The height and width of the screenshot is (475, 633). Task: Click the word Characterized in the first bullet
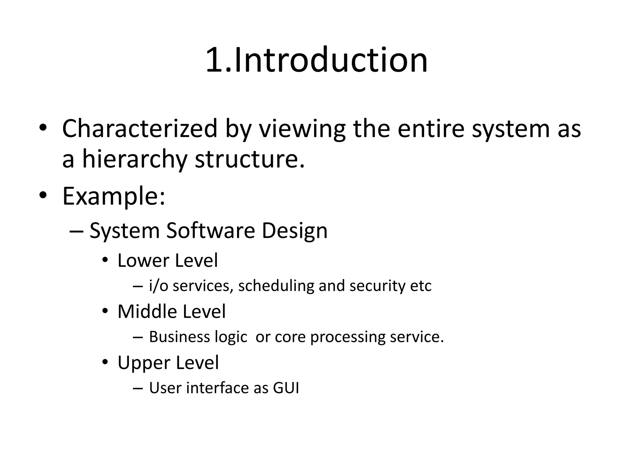click(x=140, y=128)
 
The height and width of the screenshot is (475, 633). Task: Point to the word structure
click(x=250, y=160)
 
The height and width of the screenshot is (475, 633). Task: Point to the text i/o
click(x=159, y=286)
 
